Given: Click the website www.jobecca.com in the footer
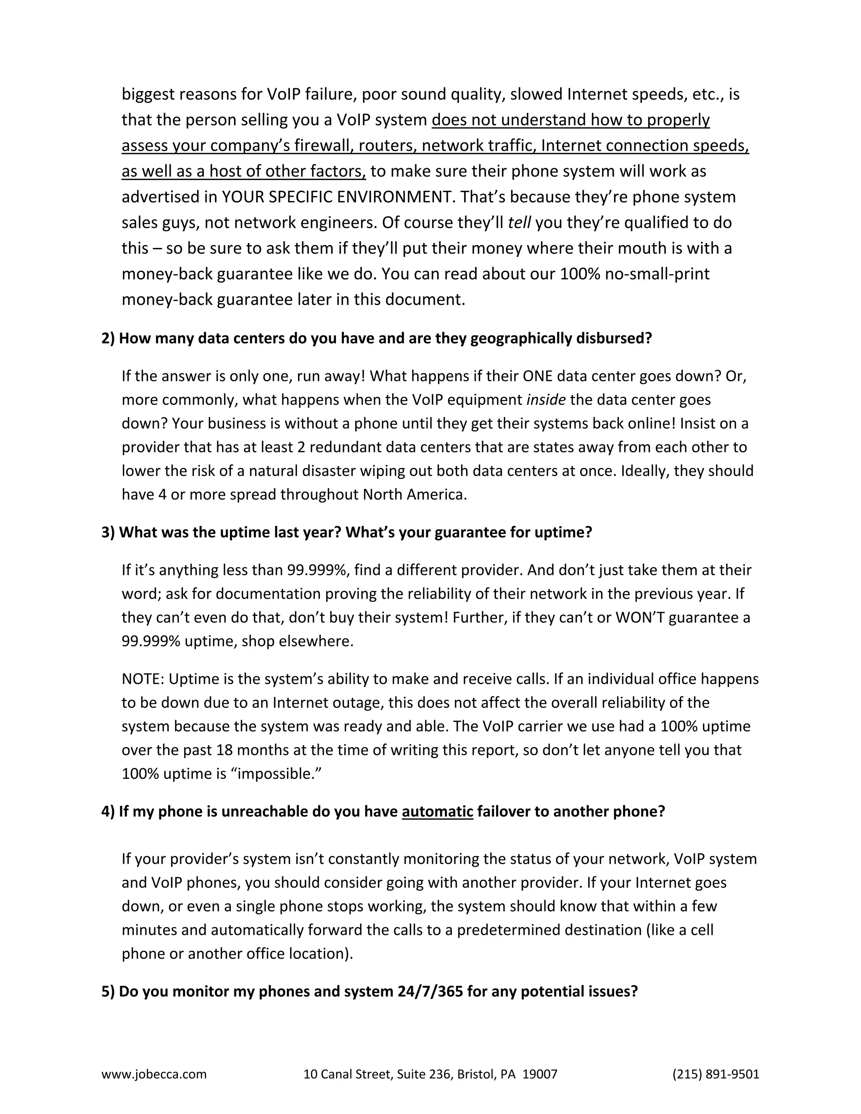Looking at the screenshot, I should [154, 1074].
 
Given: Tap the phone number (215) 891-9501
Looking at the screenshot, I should [716, 1074].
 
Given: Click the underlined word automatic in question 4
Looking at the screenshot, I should [437, 811].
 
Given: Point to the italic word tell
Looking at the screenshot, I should [519, 222].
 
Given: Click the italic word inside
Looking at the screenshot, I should [546, 399].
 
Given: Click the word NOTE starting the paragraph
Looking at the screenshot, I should [143, 679].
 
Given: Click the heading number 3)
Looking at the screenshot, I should [108, 532].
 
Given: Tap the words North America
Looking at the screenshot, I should [414, 494].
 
